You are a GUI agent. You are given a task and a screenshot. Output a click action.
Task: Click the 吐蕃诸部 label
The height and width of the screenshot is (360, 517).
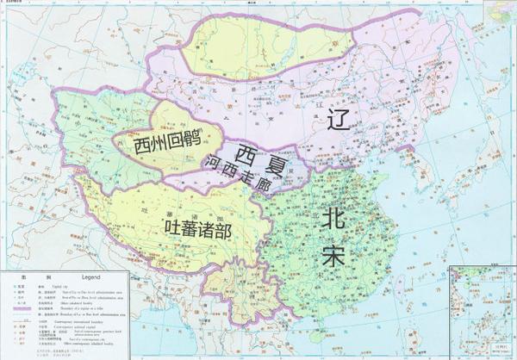coord(197,227)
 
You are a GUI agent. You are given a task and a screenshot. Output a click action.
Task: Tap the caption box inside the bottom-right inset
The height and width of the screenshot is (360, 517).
coord(499,351)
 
